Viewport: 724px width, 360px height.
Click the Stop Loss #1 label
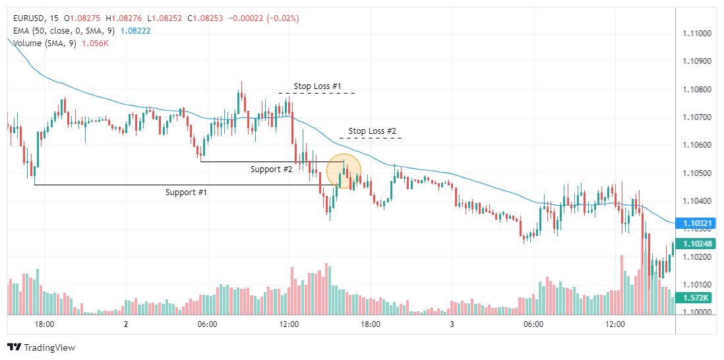318,86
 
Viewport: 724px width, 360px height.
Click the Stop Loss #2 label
372,131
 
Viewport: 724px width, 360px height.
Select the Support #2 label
271,169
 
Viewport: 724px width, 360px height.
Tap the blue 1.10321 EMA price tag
696,224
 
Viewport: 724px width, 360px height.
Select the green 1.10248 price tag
696,244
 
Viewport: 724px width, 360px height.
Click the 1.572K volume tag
696,298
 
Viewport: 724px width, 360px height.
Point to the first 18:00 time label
44,324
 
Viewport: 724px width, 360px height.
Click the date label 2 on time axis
125,324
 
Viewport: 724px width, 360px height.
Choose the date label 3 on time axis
452,324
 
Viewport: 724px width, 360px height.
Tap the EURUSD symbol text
28,18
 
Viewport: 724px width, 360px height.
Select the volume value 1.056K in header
95,44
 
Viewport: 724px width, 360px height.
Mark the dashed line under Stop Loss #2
371,138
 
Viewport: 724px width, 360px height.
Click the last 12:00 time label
615,324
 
